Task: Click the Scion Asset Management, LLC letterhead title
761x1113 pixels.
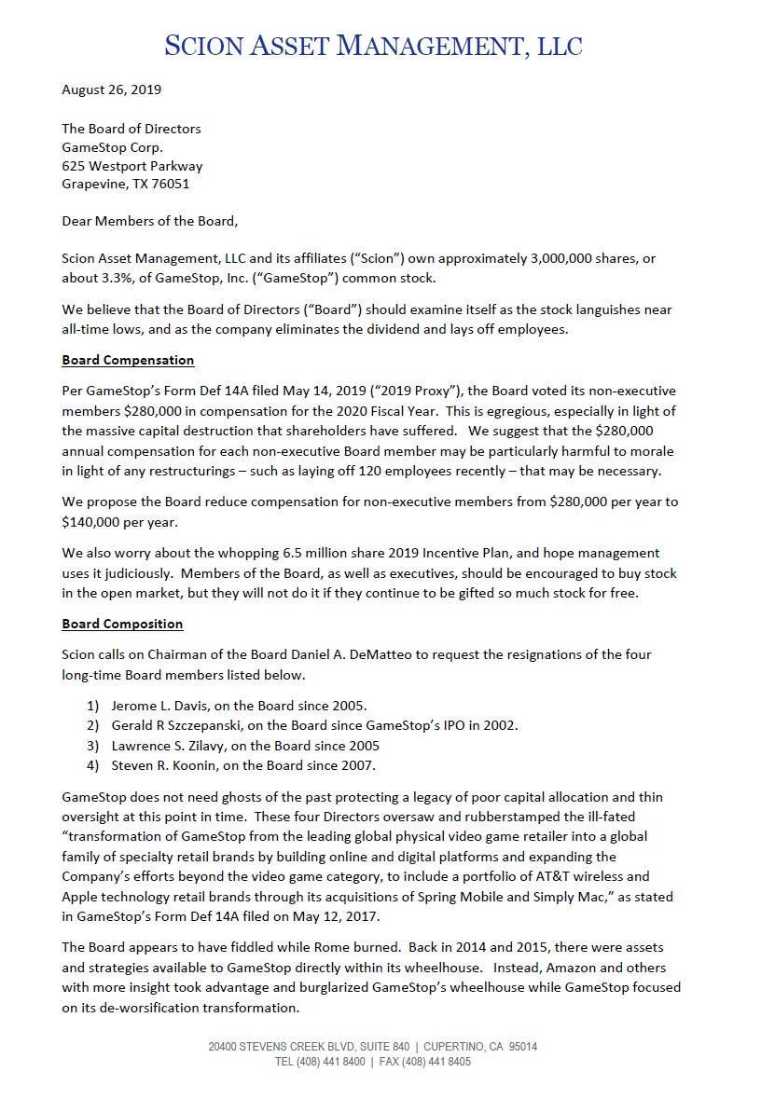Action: click(373, 44)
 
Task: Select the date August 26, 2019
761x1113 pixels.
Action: click(111, 90)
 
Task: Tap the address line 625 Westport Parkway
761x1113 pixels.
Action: click(131, 166)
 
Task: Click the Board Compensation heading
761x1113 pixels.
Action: click(128, 360)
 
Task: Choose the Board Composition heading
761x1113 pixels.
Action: click(122, 624)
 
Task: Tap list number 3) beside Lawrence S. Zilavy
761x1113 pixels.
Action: click(93, 745)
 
